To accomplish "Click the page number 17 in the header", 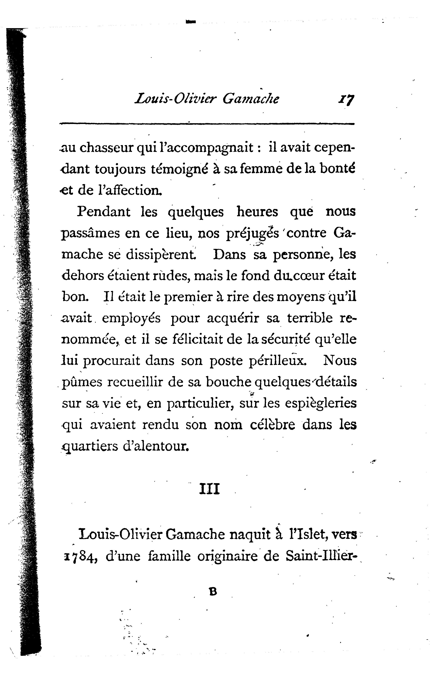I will coord(346,99).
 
